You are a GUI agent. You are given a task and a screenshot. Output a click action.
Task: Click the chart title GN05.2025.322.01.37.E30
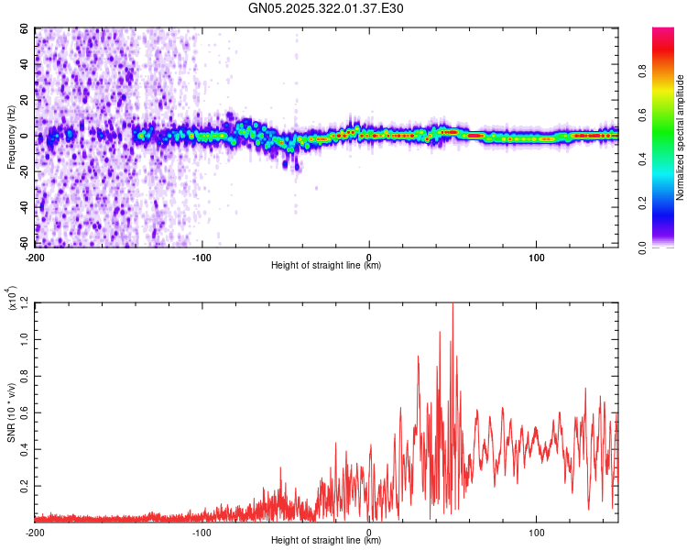[x=326, y=8]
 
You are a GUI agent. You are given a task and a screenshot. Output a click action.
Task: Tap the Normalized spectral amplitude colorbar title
[x=680, y=137]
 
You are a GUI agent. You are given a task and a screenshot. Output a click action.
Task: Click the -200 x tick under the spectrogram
[x=36, y=257]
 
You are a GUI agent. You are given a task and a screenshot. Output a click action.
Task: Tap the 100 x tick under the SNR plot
[x=536, y=532]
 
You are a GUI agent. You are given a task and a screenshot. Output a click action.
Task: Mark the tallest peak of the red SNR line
[x=453, y=304]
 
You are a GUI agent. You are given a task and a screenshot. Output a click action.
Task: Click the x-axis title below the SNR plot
[x=326, y=541]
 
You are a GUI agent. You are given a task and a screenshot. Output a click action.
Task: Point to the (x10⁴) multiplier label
[x=12, y=299]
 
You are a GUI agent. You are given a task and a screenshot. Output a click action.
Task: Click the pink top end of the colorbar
[x=663, y=32]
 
